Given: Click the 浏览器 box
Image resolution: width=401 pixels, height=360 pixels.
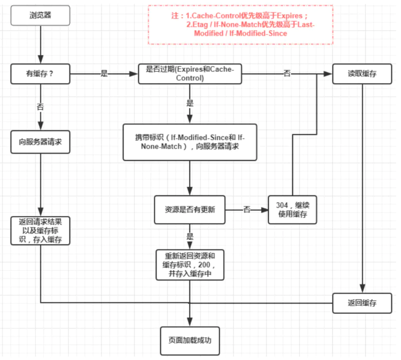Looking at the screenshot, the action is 40,16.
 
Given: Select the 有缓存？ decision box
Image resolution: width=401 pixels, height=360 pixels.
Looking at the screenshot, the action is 40,74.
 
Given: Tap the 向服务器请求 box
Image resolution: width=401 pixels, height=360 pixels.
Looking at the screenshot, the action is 40,142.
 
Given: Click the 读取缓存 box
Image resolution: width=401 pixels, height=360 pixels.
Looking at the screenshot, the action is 362,74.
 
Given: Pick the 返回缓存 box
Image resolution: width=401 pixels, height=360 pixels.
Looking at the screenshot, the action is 362,303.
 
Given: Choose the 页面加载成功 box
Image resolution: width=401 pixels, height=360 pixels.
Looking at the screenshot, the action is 190,341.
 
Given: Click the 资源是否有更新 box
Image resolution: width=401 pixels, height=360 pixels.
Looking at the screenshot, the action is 190,210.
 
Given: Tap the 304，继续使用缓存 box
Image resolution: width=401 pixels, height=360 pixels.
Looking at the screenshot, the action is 292,210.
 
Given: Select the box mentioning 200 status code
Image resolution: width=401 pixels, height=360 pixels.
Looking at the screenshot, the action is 190,265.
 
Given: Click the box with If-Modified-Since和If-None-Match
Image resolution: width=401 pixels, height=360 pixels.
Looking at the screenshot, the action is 190,142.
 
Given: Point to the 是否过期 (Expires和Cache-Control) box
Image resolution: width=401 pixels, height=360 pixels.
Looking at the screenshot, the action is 190,74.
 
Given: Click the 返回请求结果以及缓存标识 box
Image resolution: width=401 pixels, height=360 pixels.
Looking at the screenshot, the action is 40,231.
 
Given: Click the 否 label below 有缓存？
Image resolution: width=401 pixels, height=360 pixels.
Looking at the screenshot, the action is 40,107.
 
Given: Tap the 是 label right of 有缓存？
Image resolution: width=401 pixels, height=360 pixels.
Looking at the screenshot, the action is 104,73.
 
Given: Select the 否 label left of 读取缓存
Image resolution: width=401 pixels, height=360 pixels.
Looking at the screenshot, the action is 287,73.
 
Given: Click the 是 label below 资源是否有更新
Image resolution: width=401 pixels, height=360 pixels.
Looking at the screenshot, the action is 190,237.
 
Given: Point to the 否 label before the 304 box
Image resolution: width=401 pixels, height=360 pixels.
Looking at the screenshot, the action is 247,210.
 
